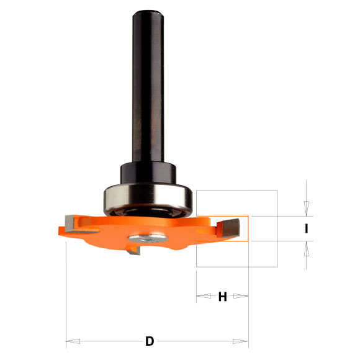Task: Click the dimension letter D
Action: pyautogui.click(x=150, y=341)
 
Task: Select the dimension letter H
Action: pyautogui.click(x=222, y=297)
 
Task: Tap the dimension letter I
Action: pyautogui.click(x=307, y=228)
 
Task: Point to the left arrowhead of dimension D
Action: pyautogui.click(x=73, y=341)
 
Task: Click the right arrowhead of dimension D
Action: pyautogui.click(x=241, y=341)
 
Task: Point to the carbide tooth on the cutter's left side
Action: pyautogui.click(x=70, y=220)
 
